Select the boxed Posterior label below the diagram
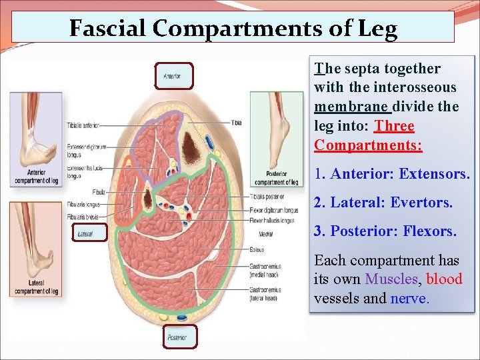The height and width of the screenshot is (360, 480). click(179, 337)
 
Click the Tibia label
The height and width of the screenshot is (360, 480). click(237, 123)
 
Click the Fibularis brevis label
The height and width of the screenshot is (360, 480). click(83, 215)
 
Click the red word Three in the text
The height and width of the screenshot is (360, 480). click(395, 126)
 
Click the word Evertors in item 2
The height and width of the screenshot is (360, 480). click(423, 202)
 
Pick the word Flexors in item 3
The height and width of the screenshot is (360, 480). click(429, 231)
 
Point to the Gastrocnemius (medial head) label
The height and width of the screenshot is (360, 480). click(265, 270)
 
